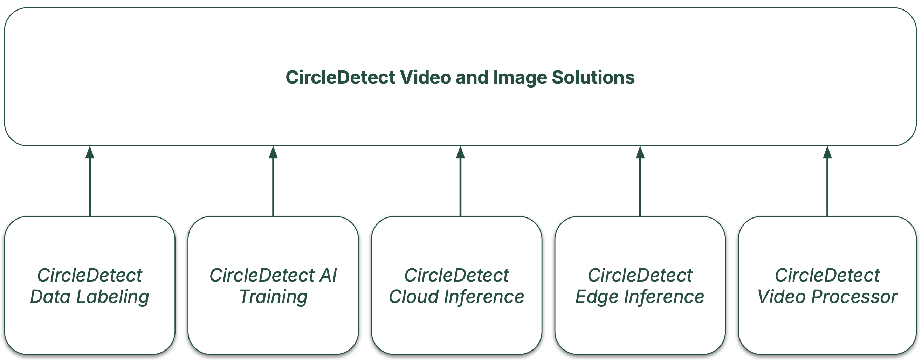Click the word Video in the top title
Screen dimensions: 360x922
426,77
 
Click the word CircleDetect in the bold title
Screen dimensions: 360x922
340,77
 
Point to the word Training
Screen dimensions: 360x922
273,297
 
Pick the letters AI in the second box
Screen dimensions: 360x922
328,275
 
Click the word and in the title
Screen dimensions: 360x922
472,77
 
